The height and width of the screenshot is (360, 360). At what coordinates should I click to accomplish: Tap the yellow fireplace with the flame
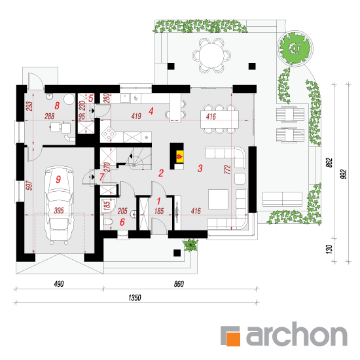click(179, 156)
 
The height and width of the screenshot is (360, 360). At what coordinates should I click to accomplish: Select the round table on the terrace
click(211, 56)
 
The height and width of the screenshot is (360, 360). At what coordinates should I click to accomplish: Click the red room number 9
click(58, 179)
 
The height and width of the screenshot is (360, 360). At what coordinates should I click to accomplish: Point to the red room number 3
click(200, 168)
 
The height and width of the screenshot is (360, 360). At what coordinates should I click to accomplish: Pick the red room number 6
click(122, 222)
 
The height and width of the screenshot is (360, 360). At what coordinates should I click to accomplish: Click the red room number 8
click(57, 105)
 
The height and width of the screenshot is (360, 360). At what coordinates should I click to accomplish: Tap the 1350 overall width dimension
click(135, 298)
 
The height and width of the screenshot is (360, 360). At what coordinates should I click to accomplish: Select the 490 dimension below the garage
click(59, 284)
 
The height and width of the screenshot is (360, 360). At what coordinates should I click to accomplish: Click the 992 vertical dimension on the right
click(343, 174)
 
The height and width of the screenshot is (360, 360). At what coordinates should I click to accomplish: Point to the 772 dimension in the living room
click(228, 170)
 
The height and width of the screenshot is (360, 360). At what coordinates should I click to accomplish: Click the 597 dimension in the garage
click(29, 185)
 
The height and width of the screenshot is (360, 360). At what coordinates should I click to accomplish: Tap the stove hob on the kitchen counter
click(108, 134)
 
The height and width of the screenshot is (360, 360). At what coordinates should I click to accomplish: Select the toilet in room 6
click(109, 223)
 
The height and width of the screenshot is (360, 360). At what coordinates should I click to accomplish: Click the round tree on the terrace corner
click(295, 48)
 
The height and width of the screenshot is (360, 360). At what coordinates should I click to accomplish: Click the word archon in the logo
click(297, 334)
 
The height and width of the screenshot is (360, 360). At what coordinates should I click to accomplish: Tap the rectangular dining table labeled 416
click(219, 119)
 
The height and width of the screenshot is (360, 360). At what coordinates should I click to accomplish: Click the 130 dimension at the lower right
click(329, 249)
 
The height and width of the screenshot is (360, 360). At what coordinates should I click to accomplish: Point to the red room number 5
click(91, 98)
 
